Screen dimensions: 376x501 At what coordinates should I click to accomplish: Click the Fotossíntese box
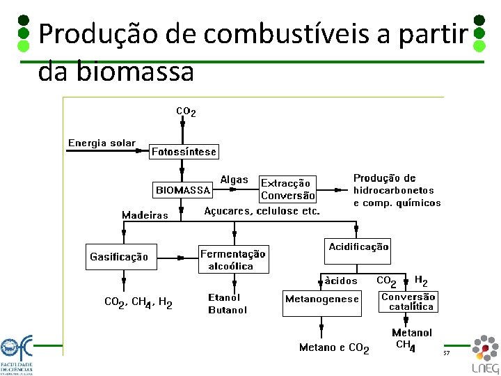click(184, 152)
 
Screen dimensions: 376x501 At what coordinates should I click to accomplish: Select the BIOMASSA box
click(182, 189)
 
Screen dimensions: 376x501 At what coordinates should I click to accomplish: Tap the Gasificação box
click(119, 256)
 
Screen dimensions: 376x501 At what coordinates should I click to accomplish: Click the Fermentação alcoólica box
click(232, 260)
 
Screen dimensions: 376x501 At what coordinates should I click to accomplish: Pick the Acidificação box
click(359, 247)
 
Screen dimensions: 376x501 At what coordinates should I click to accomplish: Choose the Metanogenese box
click(321, 299)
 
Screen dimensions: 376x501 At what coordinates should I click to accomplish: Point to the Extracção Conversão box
click(287, 189)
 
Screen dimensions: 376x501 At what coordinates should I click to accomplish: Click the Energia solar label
click(102, 143)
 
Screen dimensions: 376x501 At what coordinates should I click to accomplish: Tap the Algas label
click(234, 180)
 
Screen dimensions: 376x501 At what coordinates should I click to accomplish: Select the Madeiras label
click(145, 215)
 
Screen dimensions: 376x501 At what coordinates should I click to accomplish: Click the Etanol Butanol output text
click(228, 304)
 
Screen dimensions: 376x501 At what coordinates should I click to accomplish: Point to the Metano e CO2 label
click(333, 347)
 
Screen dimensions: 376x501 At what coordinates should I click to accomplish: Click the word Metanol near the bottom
click(412, 333)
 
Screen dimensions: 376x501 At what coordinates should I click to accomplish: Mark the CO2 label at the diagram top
click(185, 111)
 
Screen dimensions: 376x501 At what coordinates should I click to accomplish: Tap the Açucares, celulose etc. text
click(262, 211)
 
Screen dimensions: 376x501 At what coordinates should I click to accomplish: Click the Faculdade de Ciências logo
click(20, 355)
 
